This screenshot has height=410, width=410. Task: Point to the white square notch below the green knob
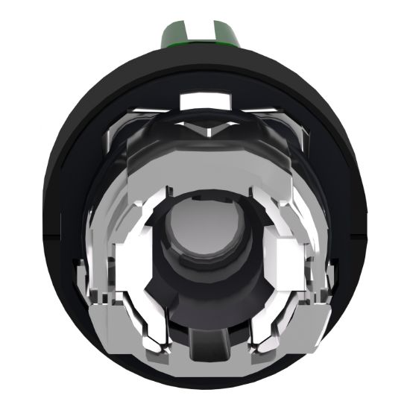(204, 98)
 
